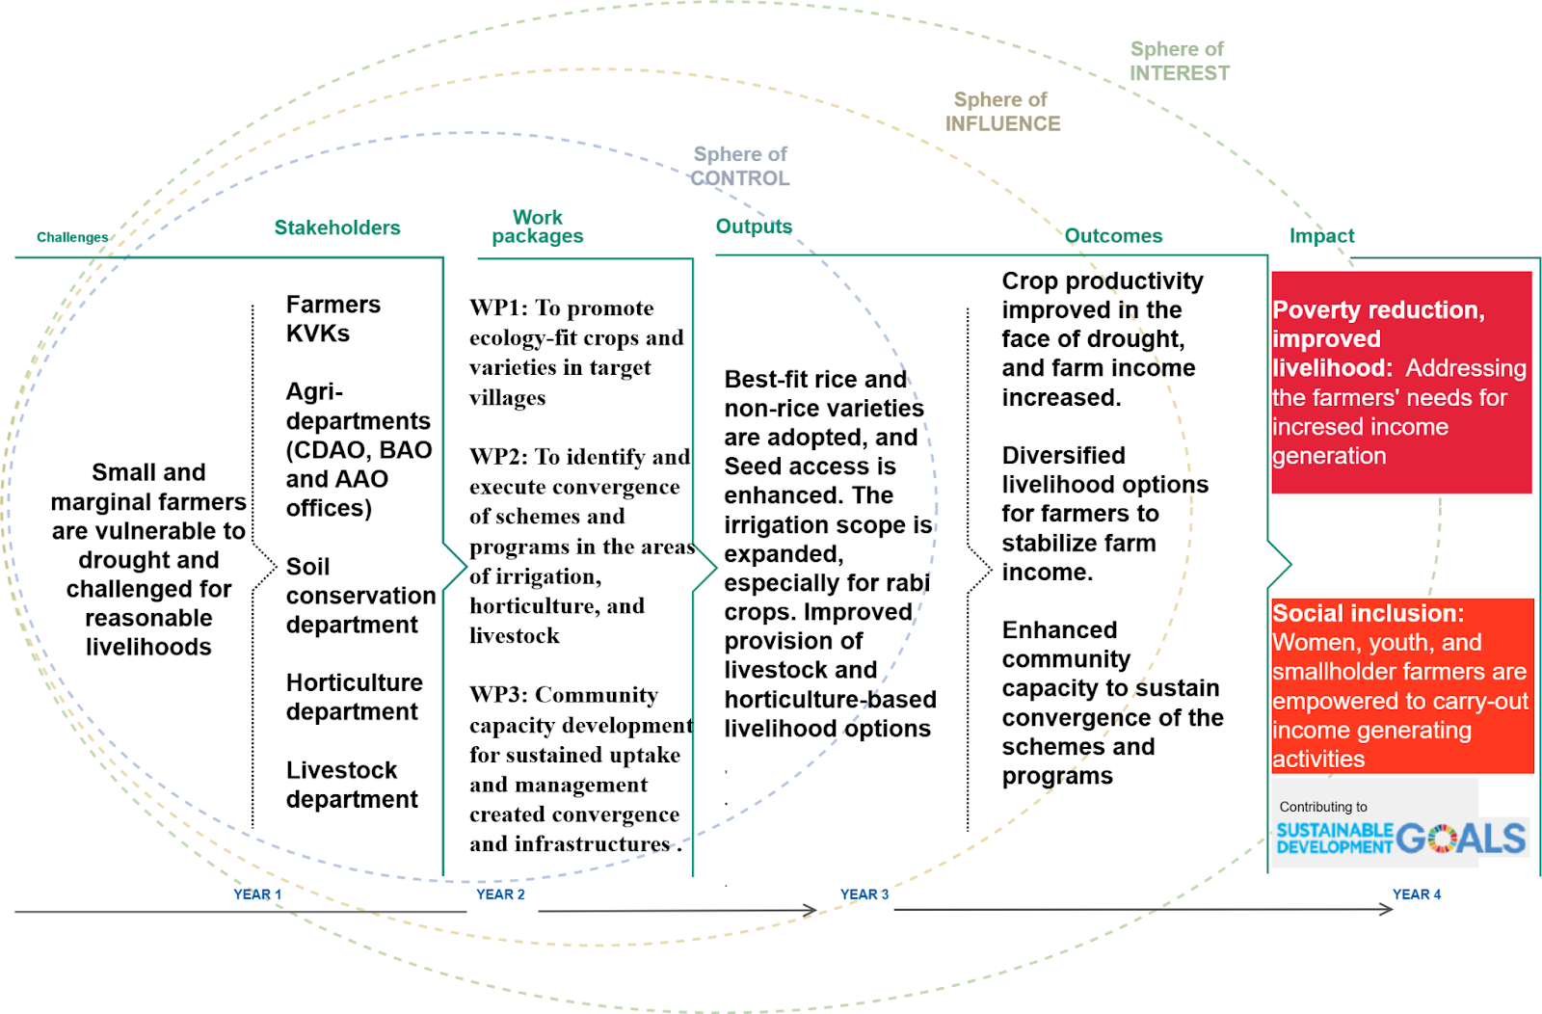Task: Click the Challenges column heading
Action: pos(72,237)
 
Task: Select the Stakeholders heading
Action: pos(337,227)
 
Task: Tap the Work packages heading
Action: pos(538,227)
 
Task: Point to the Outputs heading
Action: pos(754,227)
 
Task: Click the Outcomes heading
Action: pos(1113,236)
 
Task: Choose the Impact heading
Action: pos(1321,236)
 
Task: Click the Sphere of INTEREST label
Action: pos(1179,61)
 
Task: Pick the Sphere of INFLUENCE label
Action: pos(1002,112)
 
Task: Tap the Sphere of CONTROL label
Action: pos(740,166)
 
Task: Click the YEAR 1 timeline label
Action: pos(257,894)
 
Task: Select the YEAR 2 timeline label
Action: pos(500,894)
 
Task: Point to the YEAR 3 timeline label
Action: pos(864,894)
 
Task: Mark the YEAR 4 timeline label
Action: pos(1417,894)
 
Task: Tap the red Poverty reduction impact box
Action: pos(1401,383)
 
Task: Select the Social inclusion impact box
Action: pos(1402,685)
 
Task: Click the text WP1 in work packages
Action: pos(498,308)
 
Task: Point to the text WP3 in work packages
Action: pos(498,696)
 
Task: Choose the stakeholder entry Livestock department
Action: pos(352,785)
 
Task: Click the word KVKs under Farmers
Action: pos(318,334)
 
